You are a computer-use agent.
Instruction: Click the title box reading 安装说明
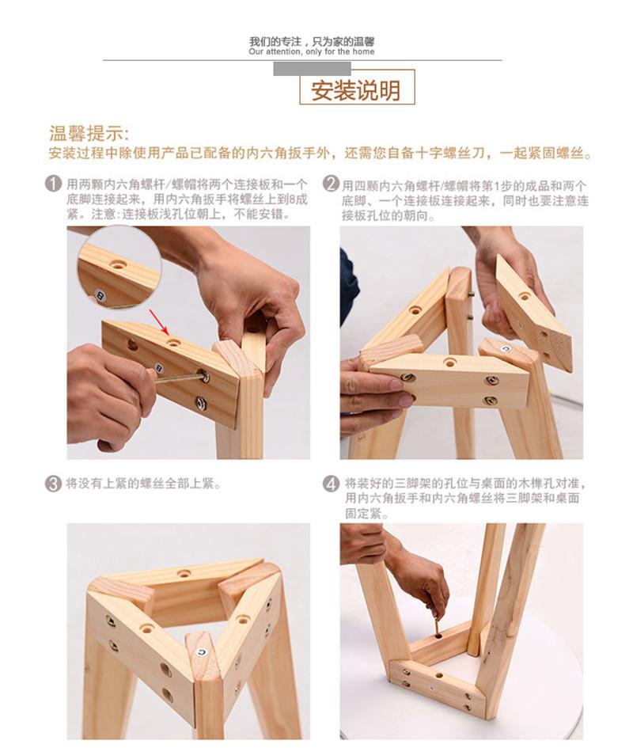[357, 87]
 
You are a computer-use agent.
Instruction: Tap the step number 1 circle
[53, 184]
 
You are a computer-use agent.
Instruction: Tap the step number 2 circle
[331, 184]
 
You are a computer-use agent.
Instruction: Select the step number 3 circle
[53, 484]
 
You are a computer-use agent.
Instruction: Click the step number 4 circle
[331, 484]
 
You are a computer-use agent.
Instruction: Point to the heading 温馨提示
[89, 134]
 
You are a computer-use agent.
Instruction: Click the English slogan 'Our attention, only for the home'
[312, 51]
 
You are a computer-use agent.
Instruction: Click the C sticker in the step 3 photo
[202, 651]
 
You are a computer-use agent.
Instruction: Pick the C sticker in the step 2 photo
[506, 349]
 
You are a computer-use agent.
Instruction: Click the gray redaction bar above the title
[312, 69]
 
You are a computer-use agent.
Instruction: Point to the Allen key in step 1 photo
[180, 378]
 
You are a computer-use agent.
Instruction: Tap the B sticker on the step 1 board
[158, 368]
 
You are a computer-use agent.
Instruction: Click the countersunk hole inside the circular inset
[116, 264]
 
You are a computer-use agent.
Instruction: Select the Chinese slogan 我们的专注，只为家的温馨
[312, 41]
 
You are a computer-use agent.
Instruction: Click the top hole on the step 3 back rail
[184, 573]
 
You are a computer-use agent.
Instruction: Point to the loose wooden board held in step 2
[533, 312]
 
